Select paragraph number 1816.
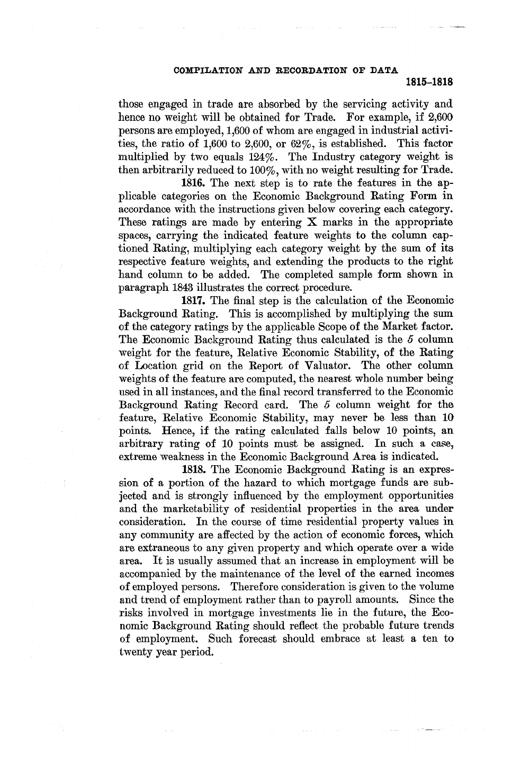[194, 183]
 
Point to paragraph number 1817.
[194, 301]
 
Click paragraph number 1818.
[194, 469]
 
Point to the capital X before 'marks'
[311, 223]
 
